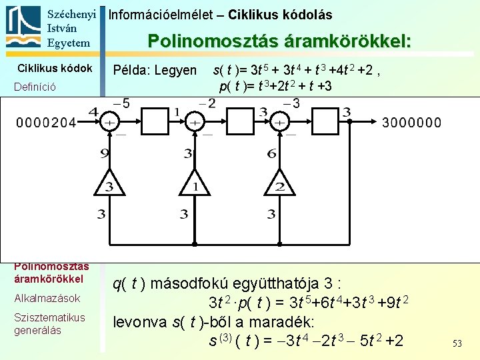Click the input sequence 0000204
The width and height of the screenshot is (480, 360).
point(46,123)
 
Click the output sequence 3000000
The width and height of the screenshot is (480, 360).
point(411,123)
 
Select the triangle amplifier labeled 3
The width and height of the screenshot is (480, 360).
point(109,184)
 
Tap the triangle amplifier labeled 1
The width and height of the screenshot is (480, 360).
point(195,184)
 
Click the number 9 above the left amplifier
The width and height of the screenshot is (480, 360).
point(105,154)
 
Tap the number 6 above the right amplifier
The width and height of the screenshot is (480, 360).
point(271,154)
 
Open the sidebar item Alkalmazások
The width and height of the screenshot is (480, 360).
point(49,298)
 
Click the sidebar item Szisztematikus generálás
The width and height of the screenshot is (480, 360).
point(49,324)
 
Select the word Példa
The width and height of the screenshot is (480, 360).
point(131,71)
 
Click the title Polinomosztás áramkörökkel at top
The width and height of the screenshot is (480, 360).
point(279,41)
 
